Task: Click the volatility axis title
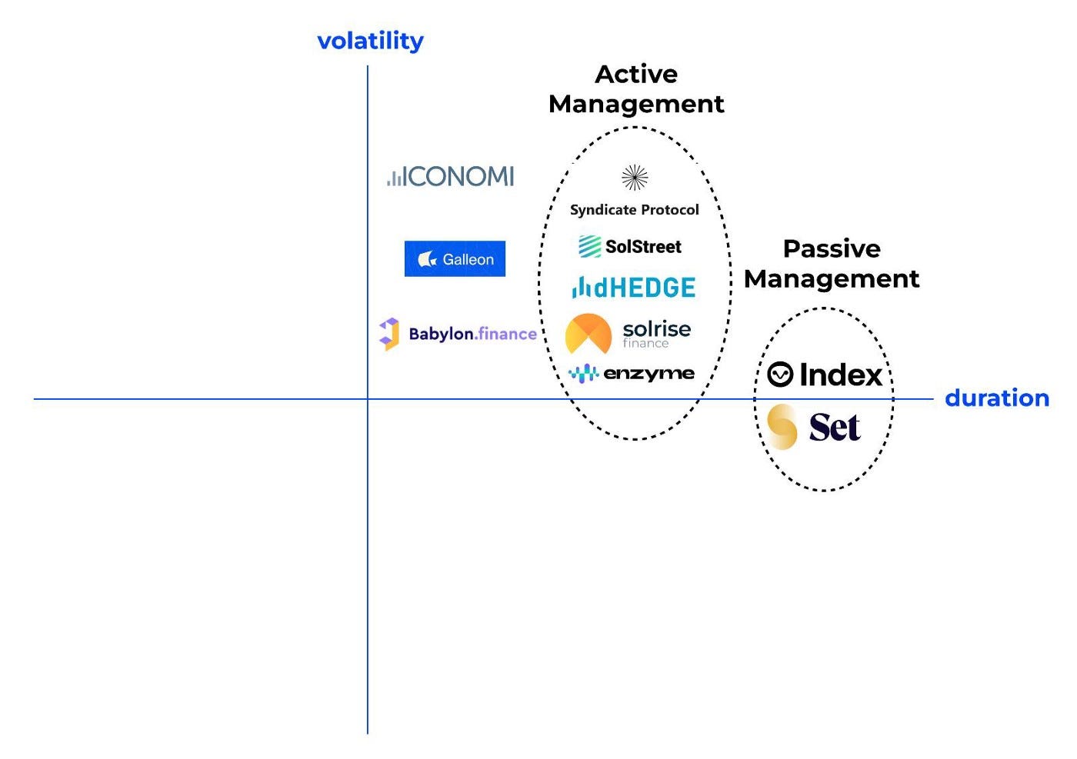click(x=370, y=41)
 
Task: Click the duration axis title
click(x=996, y=398)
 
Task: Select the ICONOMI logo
click(x=451, y=177)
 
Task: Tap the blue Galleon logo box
click(x=455, y=259)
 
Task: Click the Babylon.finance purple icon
click(x=389, y=334)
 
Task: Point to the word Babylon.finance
click(x=472, y=334)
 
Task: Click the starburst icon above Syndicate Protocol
click(x=635, y=178)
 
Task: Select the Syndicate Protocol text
click(x=635, y=210)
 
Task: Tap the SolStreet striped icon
click(x=590, y=246)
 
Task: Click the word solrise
click(x=656, y=329)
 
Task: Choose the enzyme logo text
click(x=649, y=374)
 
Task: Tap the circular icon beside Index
click(x=780, y=375)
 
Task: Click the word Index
click(x=840, y=375)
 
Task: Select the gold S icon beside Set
click(x=782, y=427)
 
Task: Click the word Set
click(x=834, y=428)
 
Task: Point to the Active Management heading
click(x=636, y=89)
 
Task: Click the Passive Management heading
click(x=832, y=264)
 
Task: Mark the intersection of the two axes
click(x=368, y=399)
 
